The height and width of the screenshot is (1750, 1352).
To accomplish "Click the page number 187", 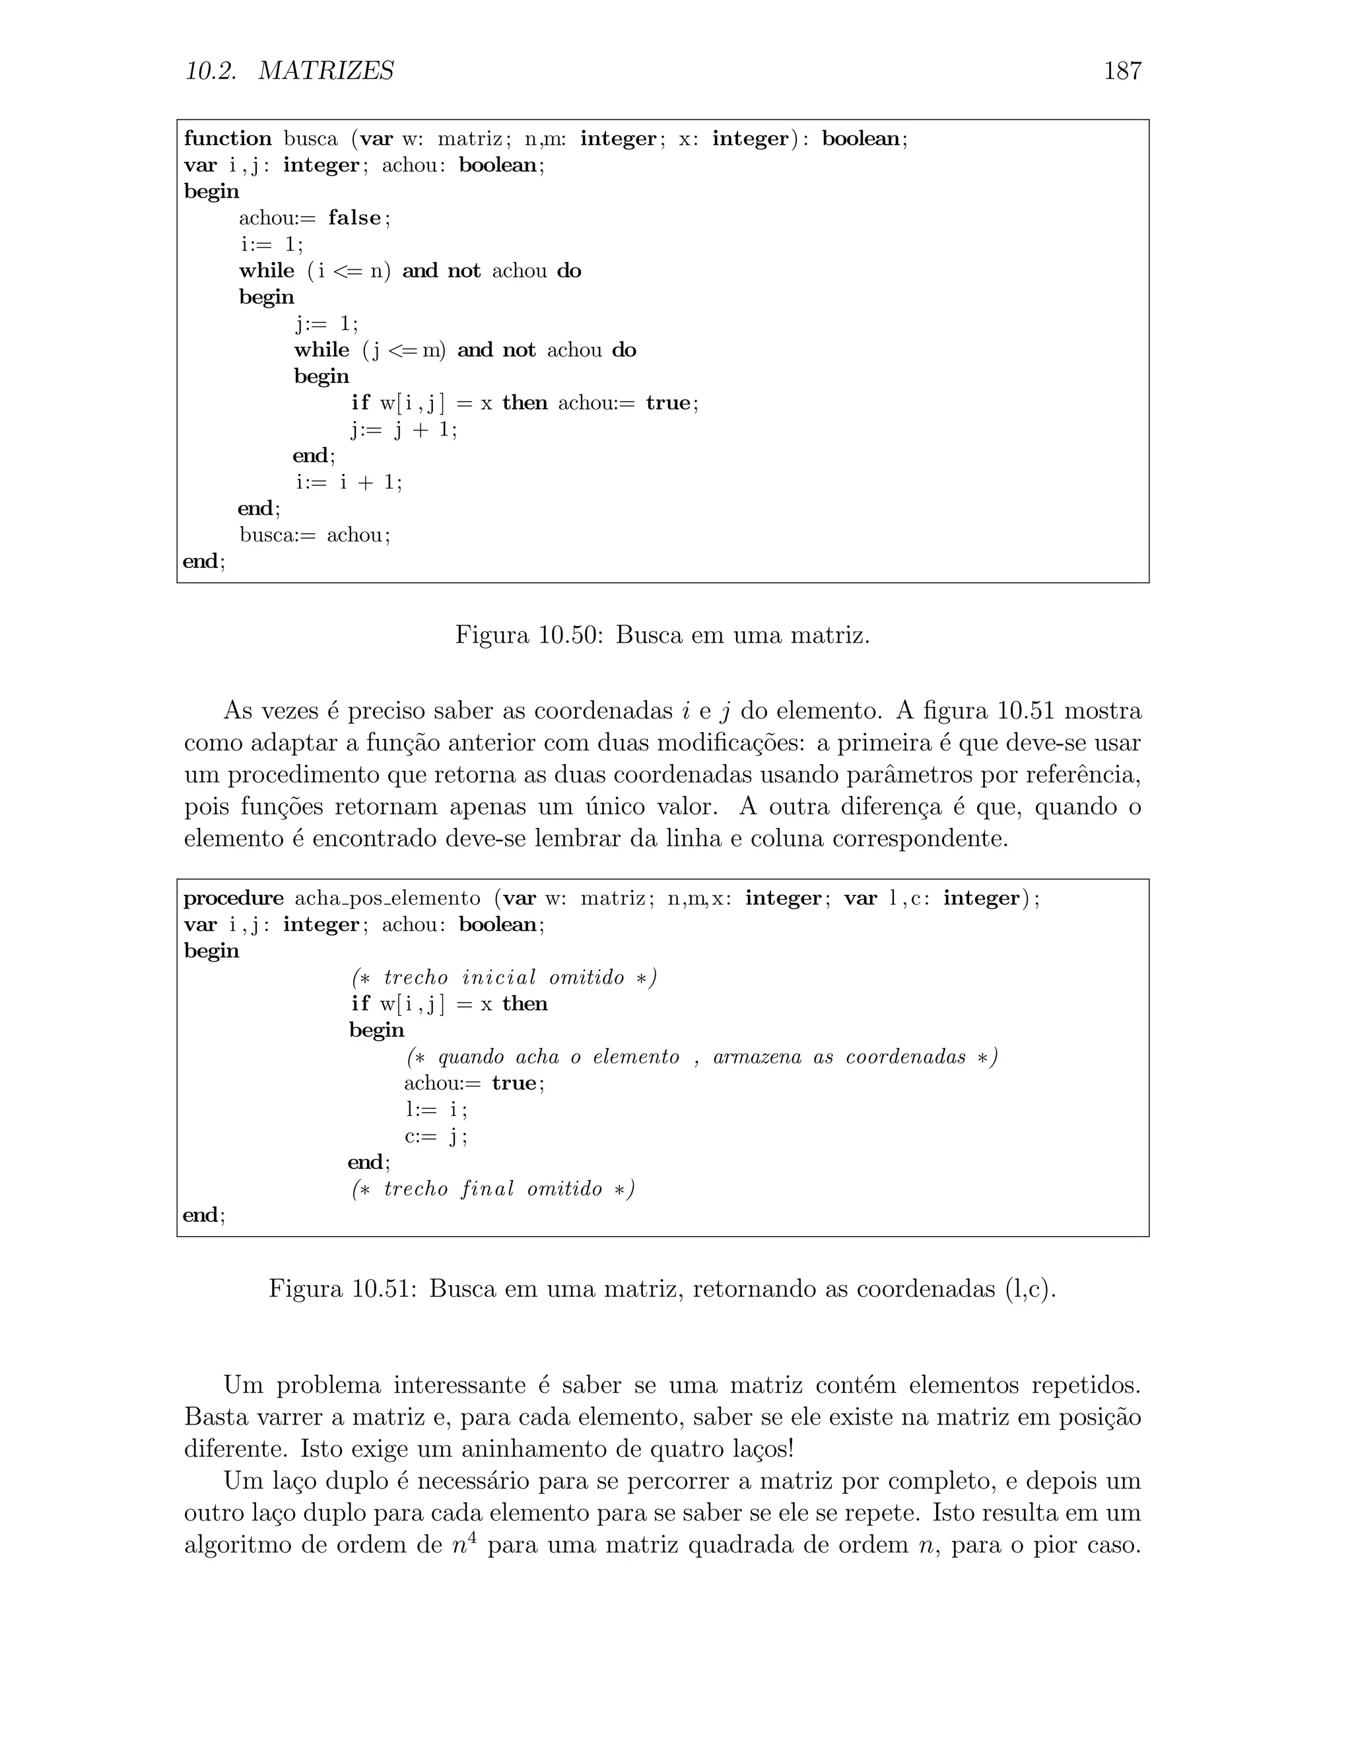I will pos(1122,71).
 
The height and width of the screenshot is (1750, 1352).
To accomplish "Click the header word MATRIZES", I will pos(326,71).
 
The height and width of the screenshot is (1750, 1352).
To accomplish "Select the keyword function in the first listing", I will pos(228,139).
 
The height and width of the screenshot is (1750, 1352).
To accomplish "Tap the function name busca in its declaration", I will pos(311,139).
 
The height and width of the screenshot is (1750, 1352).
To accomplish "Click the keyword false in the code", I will pos(355,218).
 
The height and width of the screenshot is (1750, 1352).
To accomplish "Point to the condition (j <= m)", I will pos(405,350).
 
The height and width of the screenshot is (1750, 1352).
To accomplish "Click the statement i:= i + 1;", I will pos(349,482).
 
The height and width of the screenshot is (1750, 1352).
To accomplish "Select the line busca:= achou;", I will pos(315,536).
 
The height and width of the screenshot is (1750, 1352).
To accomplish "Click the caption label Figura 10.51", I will pos(342,1289).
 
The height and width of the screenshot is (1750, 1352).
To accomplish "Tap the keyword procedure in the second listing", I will pos(233,898).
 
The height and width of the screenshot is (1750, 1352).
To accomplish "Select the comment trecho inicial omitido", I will pos(504,977).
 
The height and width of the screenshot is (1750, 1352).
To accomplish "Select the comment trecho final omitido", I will pos(492,1189).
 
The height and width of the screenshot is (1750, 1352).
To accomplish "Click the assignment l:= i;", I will pos(436,1110).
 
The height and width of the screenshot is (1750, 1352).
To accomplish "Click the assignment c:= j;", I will pos(436,1137).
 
